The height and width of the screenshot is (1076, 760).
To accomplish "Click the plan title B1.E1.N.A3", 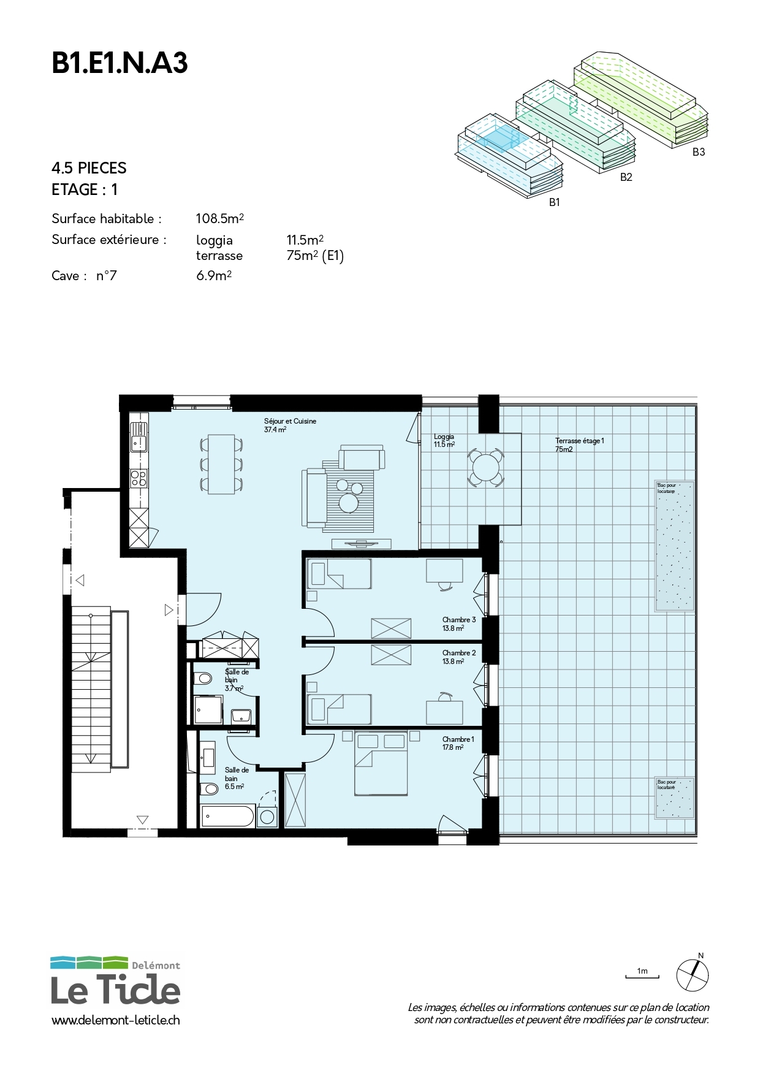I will (x=120, y=63).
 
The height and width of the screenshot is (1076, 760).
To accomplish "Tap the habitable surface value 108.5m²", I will (x=219, y=218).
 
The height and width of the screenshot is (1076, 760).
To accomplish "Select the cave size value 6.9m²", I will (x=213, y=276).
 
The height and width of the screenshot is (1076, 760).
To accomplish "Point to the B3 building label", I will (x=698, y=152).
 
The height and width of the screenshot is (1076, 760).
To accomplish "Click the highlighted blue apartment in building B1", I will (x=498, y=139).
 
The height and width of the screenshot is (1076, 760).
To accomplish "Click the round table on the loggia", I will (x=485, y=468).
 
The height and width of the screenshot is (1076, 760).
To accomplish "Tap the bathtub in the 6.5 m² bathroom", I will (x=227, y=817).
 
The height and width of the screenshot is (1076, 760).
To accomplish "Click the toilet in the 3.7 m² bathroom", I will (x=203, y=679).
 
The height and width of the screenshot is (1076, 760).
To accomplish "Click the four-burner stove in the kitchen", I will (x=139, y=478).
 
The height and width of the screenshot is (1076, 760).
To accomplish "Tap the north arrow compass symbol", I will (x=693, y=974).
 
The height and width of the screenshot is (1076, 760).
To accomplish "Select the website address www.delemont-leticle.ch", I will (x=116, y=1020).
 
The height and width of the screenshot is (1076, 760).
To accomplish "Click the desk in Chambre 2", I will (x=444, y=711).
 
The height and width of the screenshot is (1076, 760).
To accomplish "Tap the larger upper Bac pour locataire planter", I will (x=675, y=546).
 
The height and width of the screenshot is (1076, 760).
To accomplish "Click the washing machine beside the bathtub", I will (x=267, y=817).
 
